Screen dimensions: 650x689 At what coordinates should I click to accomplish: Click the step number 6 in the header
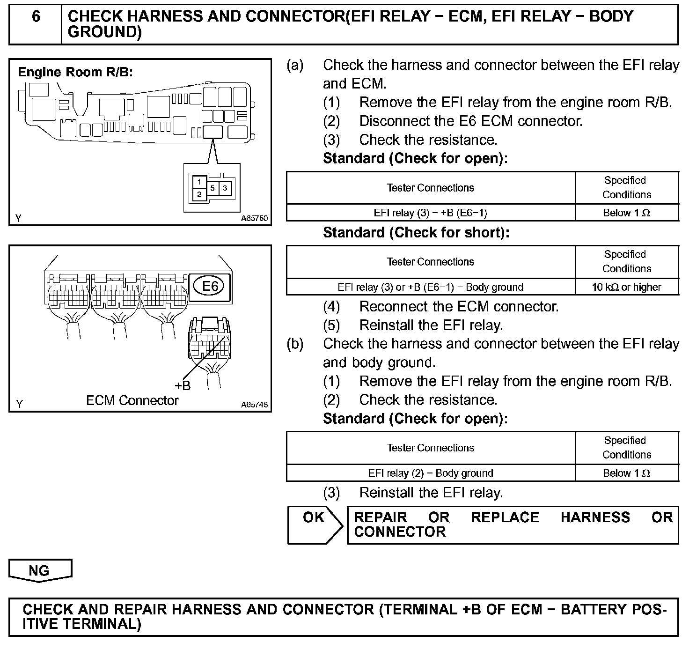[x=36, y=17]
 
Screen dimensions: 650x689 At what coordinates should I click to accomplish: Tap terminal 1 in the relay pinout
[x=199, y=181]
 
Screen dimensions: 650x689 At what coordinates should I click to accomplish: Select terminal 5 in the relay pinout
[x=213, y=188]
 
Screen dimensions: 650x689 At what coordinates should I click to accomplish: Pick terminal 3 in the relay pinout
[x=225, y=188]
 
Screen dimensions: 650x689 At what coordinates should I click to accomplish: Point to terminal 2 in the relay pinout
[x=199, y=194]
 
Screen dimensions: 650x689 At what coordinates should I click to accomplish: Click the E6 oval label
[x=210, y=286]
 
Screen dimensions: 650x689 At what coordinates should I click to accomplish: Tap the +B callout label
[x=183, y=386]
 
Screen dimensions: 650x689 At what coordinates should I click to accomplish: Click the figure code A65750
[x=255, y=218]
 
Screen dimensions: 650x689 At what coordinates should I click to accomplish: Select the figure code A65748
[x=255, y=405]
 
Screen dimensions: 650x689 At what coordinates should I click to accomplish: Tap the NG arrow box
[x=40, y=570]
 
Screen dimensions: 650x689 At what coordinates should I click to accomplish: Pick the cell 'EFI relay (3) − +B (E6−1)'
[x=430, y=213]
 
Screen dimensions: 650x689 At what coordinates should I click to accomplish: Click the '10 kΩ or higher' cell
[x=626, y=287]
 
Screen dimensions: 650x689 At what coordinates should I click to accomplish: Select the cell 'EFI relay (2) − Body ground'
[x=430, y=473]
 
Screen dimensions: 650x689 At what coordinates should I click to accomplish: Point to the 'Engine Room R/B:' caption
[x=75, y=72]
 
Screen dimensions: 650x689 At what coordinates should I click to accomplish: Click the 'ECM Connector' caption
[x=132, y=401]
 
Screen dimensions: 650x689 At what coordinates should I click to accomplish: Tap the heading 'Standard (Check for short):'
[x=416, y=233]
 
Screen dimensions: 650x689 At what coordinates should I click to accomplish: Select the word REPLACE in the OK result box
[x=505, y=517]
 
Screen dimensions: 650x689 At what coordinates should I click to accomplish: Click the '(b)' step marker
[x=295, y=344]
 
